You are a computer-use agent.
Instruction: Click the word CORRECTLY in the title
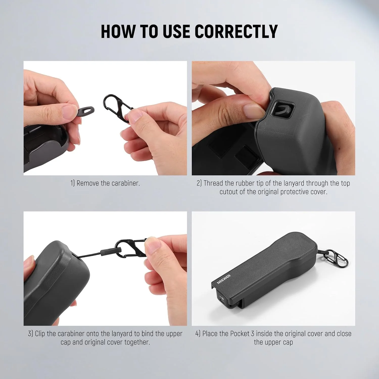pos(236,32)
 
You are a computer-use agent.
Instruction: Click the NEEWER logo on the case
pos(224,279)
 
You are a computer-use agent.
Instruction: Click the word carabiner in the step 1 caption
pos(125,183)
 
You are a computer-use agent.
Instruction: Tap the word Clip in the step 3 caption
pos(40,334)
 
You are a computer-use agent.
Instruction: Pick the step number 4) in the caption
pos(198,334)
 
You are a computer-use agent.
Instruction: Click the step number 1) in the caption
pos(73,183)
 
